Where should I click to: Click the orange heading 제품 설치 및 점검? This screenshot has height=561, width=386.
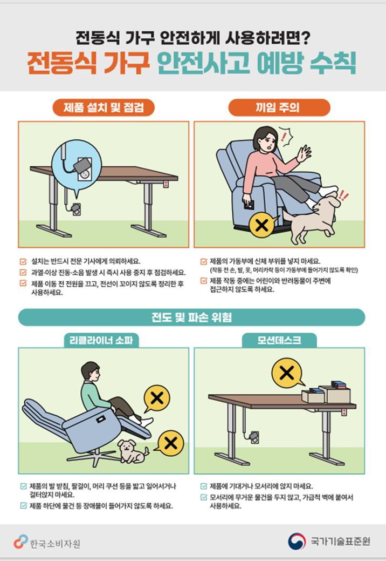(x=103, y=107)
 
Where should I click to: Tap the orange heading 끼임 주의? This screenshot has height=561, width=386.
(x=279, y=107)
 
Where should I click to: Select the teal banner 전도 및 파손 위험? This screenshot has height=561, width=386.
(x=192, y=317)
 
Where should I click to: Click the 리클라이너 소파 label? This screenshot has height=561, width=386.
(x=103, y=340)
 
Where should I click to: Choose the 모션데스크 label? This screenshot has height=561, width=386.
(x=279, y=340)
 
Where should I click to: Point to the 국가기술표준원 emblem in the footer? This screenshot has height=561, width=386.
(x=297, y=541)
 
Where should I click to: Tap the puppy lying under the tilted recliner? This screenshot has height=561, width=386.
(x=132, y=451)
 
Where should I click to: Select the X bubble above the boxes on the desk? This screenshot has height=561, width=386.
(x=287, y=373)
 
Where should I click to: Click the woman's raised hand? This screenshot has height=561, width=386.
(x=305, y=154)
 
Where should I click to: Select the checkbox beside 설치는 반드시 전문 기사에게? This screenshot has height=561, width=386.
(x=23, y=261)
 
